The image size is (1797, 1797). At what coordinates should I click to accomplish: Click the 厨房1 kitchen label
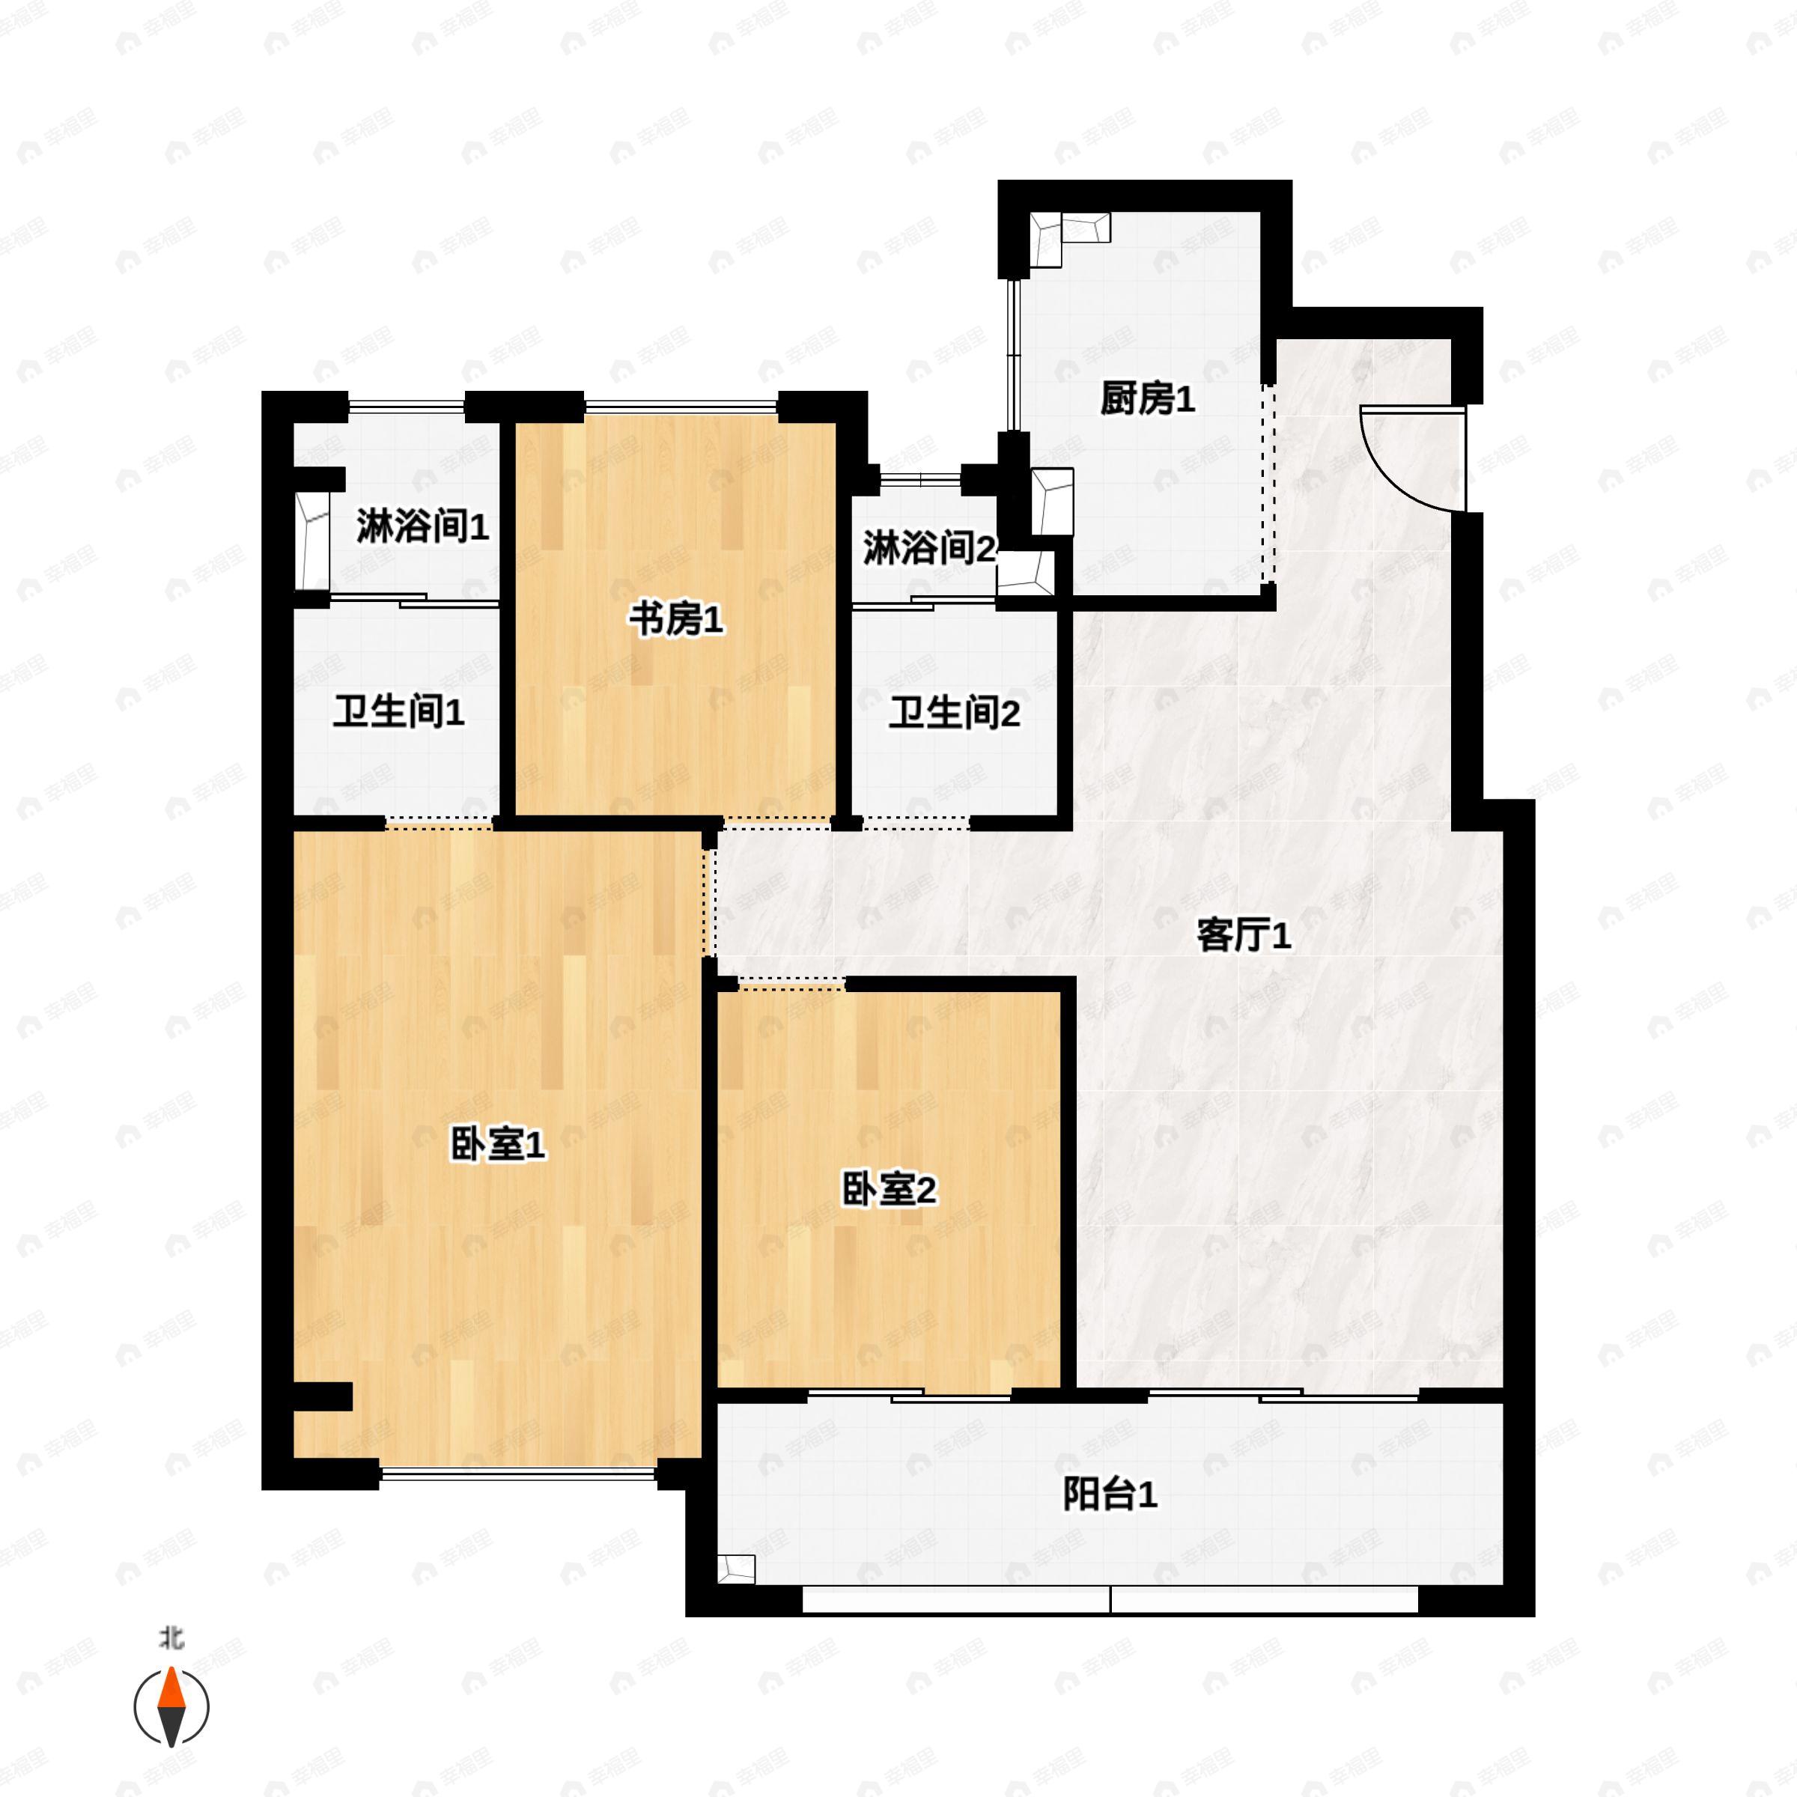point(1147,400)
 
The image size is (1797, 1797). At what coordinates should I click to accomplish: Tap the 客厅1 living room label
point(1244,936)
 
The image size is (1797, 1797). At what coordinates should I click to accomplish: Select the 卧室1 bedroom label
point(499,1145)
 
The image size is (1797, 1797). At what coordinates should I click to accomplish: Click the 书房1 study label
point(676,619)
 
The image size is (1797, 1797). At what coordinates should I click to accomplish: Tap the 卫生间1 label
point(399,713)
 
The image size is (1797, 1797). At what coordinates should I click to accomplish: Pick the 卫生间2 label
point(955,714)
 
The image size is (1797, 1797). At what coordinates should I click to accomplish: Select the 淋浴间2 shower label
point(928,549)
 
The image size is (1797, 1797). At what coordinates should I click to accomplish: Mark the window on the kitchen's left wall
point(1016,353)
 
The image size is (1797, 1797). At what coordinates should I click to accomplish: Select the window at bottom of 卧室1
point(518,1474)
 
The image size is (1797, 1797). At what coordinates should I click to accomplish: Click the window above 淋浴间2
point(920,480)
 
